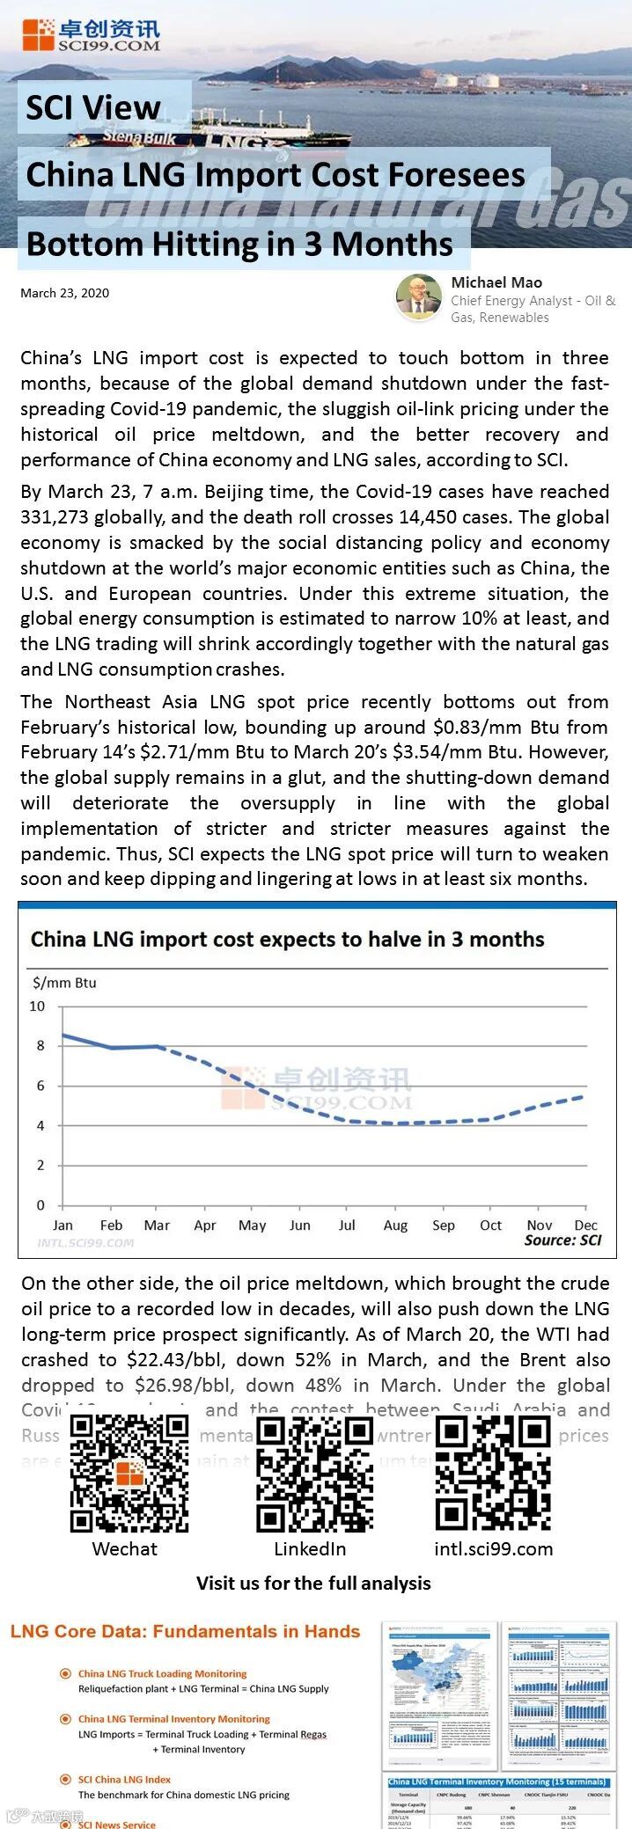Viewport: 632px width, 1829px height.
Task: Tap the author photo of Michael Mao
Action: click(418, 297)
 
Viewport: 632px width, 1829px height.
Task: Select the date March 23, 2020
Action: click(65, 293)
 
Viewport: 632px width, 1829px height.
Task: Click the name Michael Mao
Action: click(496, 282)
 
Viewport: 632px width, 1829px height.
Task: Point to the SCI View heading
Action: click(93, 108)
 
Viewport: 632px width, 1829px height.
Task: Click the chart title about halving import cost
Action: click(287, 939)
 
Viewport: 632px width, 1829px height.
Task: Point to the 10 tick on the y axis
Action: click(37, 1006)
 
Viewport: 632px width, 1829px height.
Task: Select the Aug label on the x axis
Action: click(395, 1225)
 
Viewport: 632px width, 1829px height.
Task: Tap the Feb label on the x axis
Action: click(111, 1225)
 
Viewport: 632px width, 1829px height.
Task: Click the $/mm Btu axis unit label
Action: click(64, 983)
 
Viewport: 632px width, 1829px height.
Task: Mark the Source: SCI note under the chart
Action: click(562, 1240)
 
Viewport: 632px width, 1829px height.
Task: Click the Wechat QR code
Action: click(129, 1474)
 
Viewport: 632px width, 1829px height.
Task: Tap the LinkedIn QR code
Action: click(314, 1474)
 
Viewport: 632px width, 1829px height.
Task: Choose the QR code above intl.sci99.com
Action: click(493, 1474)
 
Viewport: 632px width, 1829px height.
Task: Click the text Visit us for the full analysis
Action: click(313, 1584)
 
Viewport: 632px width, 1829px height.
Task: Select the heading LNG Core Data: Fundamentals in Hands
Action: click(185, 1632)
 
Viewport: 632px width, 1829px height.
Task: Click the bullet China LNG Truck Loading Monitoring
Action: click(162, 1673)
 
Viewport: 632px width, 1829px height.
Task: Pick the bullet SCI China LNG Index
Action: click(124, 1779)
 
